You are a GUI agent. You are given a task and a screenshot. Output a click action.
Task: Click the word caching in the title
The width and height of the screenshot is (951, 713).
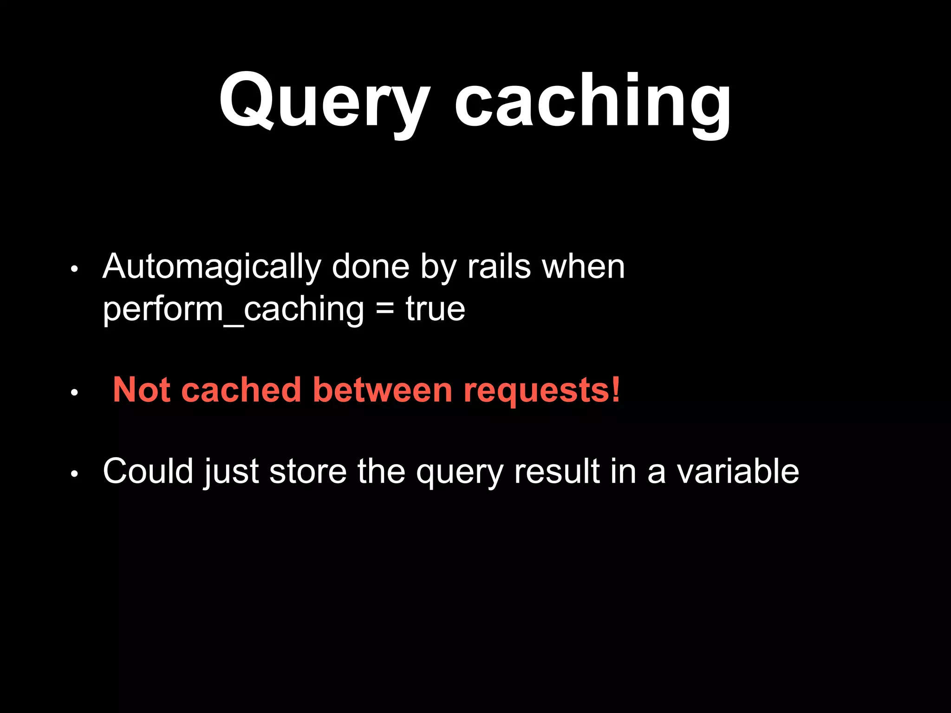click(x=593, y=101)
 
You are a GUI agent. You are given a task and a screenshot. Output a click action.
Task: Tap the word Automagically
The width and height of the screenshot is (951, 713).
click(x=212, y=268)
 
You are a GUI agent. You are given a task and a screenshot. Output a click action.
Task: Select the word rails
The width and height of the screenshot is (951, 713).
click(x=499, y=267)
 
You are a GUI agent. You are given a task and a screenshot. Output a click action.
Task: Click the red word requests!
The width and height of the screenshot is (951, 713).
click(x=541, y=390)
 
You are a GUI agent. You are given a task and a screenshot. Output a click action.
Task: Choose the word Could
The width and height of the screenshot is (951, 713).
click(x=148, y=471)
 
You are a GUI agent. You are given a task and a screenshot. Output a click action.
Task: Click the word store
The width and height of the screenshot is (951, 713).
click(x=308, y=471)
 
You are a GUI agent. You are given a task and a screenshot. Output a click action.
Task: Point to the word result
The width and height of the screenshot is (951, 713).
click(x=556, y=471)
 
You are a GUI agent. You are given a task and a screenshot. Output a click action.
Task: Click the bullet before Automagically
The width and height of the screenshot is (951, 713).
click(x=74, y=269)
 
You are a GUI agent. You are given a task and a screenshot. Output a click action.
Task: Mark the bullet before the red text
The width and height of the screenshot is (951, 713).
click(x=74, y=393)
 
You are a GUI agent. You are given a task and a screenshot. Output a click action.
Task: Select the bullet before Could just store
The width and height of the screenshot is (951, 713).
click(x=74, y=474)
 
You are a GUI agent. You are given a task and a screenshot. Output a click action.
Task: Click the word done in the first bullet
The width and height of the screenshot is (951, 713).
click(x=371, y=267)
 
